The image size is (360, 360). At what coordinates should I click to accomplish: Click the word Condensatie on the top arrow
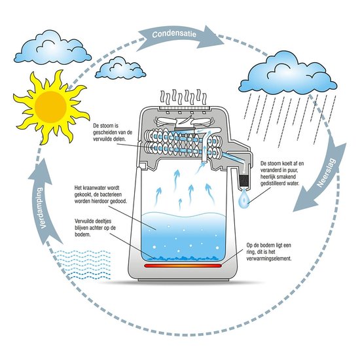pyautogui.click(x=174, y=34)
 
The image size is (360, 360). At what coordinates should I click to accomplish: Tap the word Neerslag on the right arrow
pyautogui.click(x=326, y=172)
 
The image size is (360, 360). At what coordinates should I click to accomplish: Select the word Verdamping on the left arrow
pyautogui.click(x=41, y=208)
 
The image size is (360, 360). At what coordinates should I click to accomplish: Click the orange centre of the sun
pyautogui.click(x=51, y=107)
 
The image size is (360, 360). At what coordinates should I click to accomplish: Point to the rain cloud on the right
pyautogui.click(x=288, y=73)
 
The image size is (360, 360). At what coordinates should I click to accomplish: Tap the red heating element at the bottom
pyautogui.click(x=183, y=266)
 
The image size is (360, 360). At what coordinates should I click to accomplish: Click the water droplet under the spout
pyautogui.click(x=243, y=199)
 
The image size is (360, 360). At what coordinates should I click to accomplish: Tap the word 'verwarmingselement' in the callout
pyautogui.click(x=269, y=259)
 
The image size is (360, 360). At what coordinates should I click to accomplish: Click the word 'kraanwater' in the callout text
pyautogui.click(x=95, y=188)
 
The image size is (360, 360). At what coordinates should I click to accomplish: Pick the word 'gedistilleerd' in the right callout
pyautogui.click(x=273, y=183)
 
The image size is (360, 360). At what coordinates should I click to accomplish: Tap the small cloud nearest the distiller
pyautogui.click(x=120, y=68)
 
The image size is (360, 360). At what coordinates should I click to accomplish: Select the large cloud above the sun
pyautogui.click(x=52, y=47)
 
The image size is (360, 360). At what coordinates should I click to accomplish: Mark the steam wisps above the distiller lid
pyautogui.click(x=183, y=98)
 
